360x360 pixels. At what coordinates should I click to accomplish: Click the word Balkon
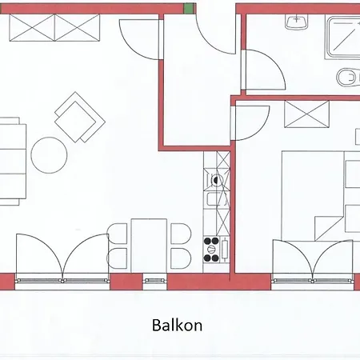pos(177,325)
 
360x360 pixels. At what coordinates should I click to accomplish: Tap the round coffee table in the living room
pos(49,155)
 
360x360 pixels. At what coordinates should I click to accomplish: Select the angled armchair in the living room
pos(80,118)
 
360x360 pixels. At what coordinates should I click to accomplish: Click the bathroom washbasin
pos(297,21)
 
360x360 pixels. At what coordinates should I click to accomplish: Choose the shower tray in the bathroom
pos(342,38)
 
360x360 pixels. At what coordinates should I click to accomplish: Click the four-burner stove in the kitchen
pos(216,250)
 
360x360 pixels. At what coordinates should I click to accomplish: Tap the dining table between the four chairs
pos(149,246)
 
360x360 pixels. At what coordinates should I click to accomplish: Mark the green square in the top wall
pos(188,8)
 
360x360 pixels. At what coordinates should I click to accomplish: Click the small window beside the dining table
pos(154,280)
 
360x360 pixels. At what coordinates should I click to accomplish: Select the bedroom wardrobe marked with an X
pos(307,114)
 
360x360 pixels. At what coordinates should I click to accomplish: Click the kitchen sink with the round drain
pos(216,179)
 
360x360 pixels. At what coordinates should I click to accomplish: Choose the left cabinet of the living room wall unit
pos(32,28)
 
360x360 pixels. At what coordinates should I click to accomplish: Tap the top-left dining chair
pos(118,234)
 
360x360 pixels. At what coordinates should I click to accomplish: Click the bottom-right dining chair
pos(181,258)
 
